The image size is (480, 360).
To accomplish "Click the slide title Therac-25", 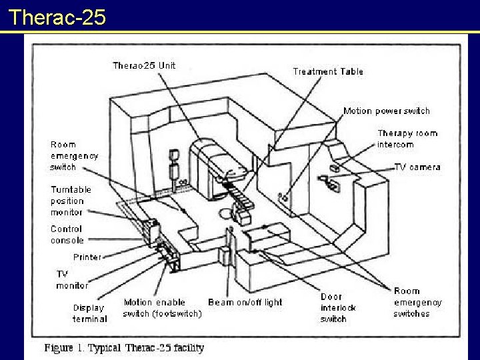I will [x=58, y=16].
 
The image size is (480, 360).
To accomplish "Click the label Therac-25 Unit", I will [x=144, y=65].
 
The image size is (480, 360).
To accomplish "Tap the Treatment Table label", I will [x=328, y=71].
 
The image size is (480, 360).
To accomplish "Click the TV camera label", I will [x=417, y=167].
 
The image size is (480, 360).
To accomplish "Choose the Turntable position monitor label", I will [x=71, y=201].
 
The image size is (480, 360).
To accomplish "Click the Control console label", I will [x=67, y=234].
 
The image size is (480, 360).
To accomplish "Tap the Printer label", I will [x=87, y=257].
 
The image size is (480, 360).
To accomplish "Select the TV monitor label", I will [x=71, y=279].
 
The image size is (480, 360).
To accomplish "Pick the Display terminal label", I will [x=89, y=313].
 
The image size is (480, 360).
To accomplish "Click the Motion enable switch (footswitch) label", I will [x=162, y=307].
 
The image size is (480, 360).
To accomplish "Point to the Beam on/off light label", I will [x=245, y=302].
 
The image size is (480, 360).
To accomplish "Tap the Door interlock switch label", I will [x=338, y=307].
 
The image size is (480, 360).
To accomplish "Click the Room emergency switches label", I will [x=417, y=302].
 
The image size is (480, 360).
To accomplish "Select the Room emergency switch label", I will [x=74, y=155].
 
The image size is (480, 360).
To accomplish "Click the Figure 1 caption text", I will [x=124, y=347].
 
